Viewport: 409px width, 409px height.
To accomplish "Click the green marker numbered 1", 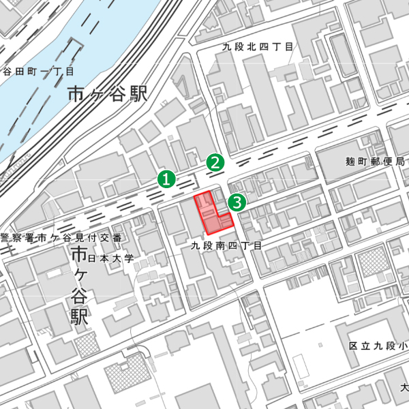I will [166, 179].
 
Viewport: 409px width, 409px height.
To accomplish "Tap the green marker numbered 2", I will [215, 163].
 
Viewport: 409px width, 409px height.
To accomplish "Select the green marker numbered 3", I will [237, 202].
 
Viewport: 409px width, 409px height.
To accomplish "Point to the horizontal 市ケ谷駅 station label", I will [108, 94].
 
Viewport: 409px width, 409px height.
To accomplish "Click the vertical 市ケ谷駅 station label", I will [80, 286].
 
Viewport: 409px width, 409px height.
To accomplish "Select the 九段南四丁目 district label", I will [226, 244].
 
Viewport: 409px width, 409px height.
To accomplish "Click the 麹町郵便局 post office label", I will [375, 162].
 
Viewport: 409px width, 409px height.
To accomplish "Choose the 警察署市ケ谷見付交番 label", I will [61, 238].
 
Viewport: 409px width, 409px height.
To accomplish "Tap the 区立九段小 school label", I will [378, 346].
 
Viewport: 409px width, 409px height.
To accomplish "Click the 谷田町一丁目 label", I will [38, 71].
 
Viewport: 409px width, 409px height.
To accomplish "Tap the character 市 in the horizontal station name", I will [77, 94].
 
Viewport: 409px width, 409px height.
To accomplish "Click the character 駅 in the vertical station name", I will [80, 317].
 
